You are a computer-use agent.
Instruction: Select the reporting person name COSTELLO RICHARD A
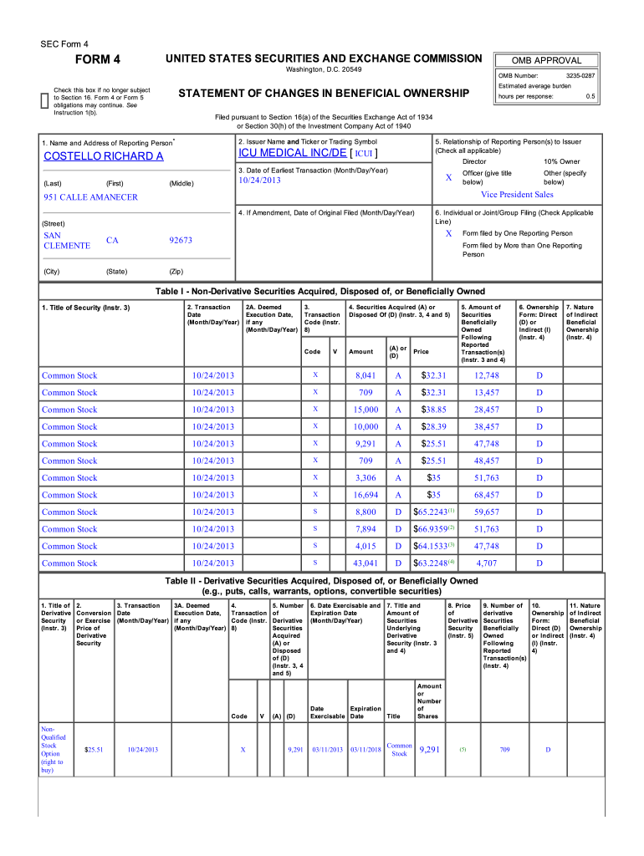pyautogui.click(x=103, y=156)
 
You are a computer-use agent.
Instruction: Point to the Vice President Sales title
pyautogui.click(x=516, y=195)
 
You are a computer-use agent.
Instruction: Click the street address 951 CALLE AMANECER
pyautogui.click(x=90, y=197)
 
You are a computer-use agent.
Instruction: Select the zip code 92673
pyautogui.click(x=181, y=240)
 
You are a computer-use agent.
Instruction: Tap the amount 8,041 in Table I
pyautogui.click(x=365, y=375)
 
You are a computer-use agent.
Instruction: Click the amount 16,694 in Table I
pyautogui.click(x=364, y=495)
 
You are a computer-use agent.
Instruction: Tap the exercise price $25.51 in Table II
pyautogui.click(x=94, y=750)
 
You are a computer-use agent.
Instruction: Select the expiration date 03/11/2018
pyautogui.click(x=365, y=750)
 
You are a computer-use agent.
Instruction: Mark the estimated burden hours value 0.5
pyautogui.click(x=590, y=96)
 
